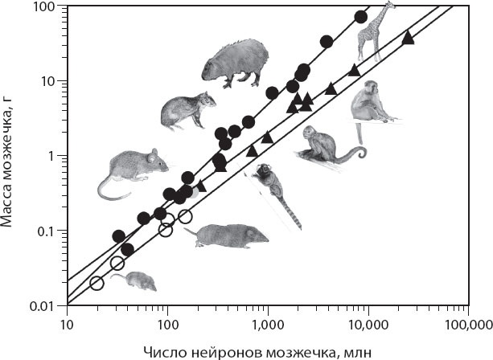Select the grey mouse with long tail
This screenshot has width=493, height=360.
tap(133, 171)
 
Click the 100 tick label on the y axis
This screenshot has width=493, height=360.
tap(43, 7)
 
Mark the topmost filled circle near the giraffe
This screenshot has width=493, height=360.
tap(361, 18)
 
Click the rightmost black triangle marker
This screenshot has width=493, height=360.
tap(408, 37)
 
